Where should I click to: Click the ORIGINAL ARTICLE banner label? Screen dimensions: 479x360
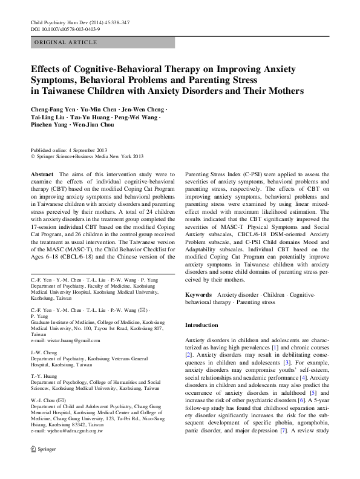click(66, 42)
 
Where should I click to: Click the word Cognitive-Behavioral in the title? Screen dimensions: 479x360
click(111, 68)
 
